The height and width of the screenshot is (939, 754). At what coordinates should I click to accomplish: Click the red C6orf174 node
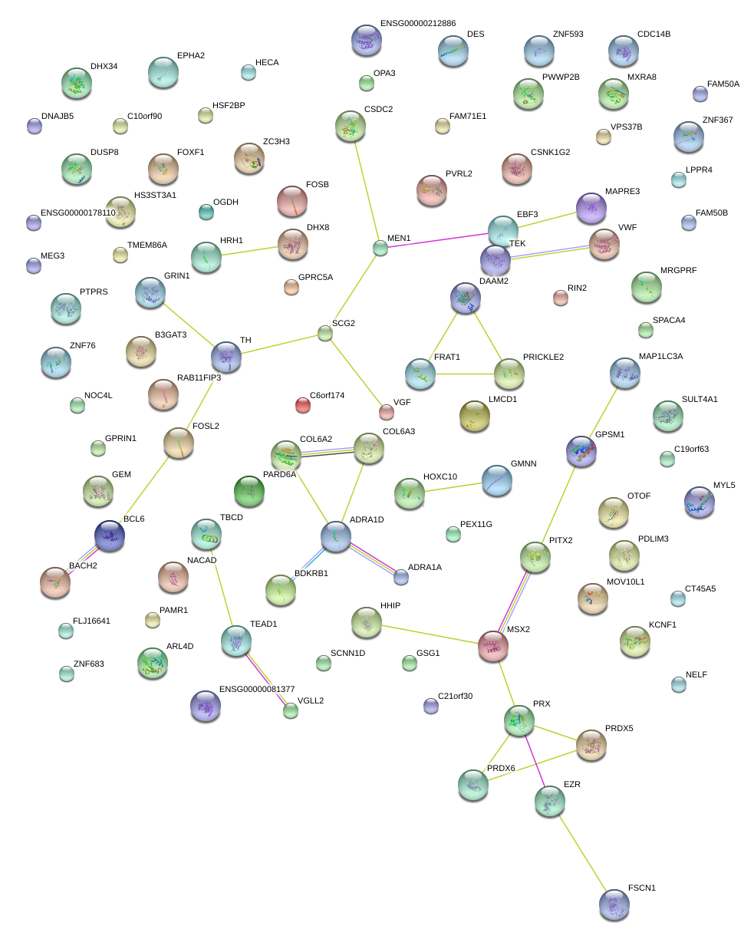(303, 405)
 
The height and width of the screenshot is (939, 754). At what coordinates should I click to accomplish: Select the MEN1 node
(380, 247)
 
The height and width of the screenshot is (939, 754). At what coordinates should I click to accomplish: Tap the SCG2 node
(325, 333)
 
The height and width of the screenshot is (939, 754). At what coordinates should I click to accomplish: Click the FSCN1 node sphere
(614, 904)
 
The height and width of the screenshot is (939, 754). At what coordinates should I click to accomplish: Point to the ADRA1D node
(336, 536)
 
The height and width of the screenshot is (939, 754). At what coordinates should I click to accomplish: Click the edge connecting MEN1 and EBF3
(437, 238)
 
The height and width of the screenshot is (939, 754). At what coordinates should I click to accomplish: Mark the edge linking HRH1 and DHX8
(249, 251)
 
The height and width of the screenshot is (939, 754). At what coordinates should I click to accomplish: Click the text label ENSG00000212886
(417, 24)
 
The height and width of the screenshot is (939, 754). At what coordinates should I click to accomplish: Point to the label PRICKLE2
(543, 357)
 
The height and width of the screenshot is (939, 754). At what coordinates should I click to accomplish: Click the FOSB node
(291, 201)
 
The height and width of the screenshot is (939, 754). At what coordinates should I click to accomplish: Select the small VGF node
(387, 413)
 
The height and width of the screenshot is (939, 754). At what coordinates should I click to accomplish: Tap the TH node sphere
(226, 356)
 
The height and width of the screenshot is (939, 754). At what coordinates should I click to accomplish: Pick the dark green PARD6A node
(249, 490)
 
